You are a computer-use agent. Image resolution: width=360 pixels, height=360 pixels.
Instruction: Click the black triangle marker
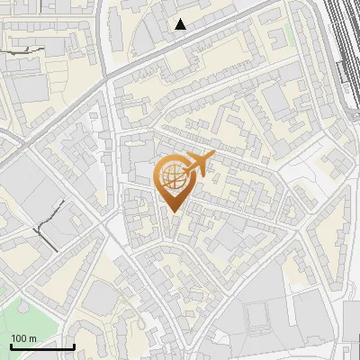tap(181, 24)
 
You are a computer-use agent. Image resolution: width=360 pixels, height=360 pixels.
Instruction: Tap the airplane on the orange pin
tap(196, 165)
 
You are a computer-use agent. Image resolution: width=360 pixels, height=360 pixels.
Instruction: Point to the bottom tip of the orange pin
tap(174, 212)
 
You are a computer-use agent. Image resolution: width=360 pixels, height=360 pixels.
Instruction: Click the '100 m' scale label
tap(23, 338)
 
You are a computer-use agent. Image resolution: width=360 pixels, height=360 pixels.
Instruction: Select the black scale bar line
tap(42, 346)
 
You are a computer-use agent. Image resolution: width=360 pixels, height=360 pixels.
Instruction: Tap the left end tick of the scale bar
tap(11, 345)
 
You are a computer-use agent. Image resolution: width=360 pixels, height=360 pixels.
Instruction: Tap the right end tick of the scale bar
tap(74, 345)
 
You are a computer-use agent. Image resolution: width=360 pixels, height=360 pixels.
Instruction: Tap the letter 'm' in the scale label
tap(32, 338)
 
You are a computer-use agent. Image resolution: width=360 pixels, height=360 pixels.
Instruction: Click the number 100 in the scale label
tap(19, 338)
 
